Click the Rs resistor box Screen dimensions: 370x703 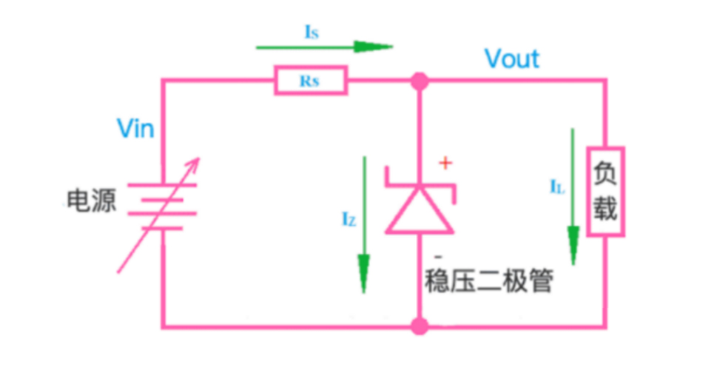pos(311,81)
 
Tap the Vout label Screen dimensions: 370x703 pos(512,58)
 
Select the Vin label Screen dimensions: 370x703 pos(135,129)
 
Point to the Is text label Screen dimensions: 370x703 pos(312,31)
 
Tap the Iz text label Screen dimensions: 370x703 pos(349,218)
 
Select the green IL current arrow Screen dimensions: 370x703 pos(573,196)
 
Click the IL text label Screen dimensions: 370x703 pos(557,187)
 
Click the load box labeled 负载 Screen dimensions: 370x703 pos(605,192)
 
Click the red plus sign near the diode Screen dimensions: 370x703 pos(445,164)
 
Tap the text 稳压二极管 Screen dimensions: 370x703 pos(488,282)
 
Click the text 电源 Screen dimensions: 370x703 pos(92,201)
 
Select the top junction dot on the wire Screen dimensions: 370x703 pos(420,81)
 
